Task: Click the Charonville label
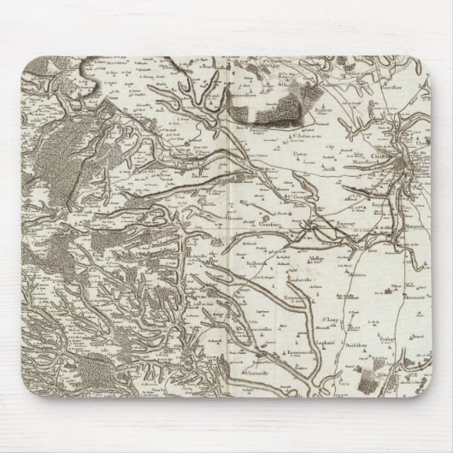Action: [257, 373]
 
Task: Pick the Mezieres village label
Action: [356, 276]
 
